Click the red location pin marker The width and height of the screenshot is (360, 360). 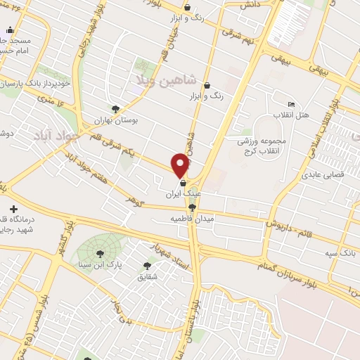click(181, 165)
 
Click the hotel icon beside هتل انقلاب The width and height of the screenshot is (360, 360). click(292, 104)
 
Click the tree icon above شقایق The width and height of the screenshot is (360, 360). click(147, 266)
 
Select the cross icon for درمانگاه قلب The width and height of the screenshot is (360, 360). click(15, 209)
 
